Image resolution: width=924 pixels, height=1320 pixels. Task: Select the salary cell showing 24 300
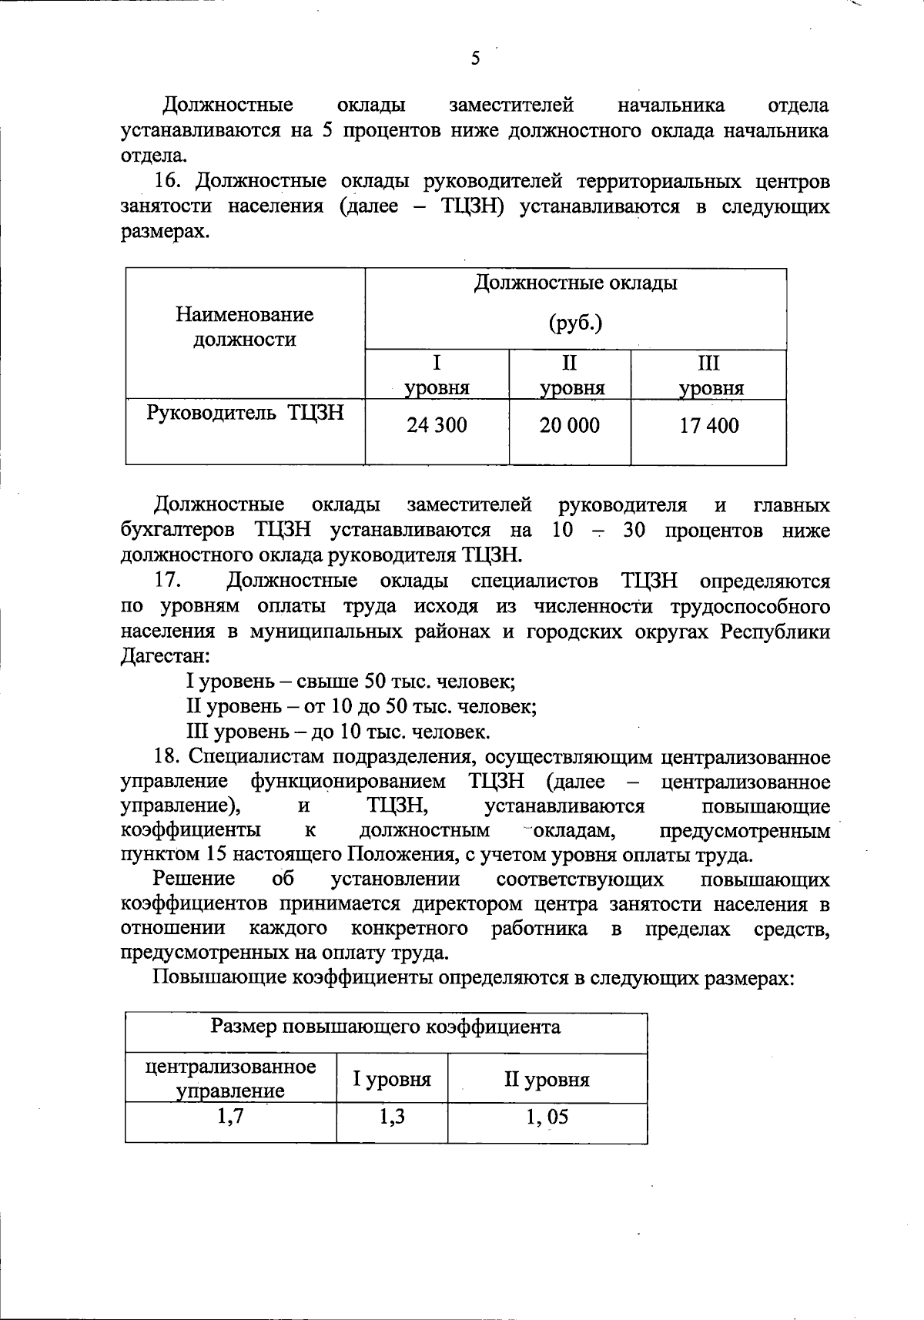(x=437, y=425)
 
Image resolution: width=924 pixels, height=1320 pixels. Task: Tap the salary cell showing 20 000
(x=569, y=425)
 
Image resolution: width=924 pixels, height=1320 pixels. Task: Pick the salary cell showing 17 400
(x=708, y=425)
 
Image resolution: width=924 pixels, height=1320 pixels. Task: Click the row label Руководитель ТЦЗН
(x=245, y=414)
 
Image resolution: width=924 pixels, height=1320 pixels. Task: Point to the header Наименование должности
(x=245, y=327)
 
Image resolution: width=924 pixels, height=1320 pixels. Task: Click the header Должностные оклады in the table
(x=575, y=283)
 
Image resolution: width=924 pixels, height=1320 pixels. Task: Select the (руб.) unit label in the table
(x=575, y=323)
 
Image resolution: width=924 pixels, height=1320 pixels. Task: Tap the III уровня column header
(x=709, y=375)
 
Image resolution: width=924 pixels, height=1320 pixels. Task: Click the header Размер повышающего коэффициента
(x=386, y=1027)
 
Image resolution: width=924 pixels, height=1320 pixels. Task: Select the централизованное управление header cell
(x=231, y=1078)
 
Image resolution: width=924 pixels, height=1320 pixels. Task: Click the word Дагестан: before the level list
(x=165, y=657)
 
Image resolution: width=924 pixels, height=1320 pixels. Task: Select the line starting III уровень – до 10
(x=338, y=731)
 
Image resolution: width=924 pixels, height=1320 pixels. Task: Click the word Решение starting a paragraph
(x=194, y=879)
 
